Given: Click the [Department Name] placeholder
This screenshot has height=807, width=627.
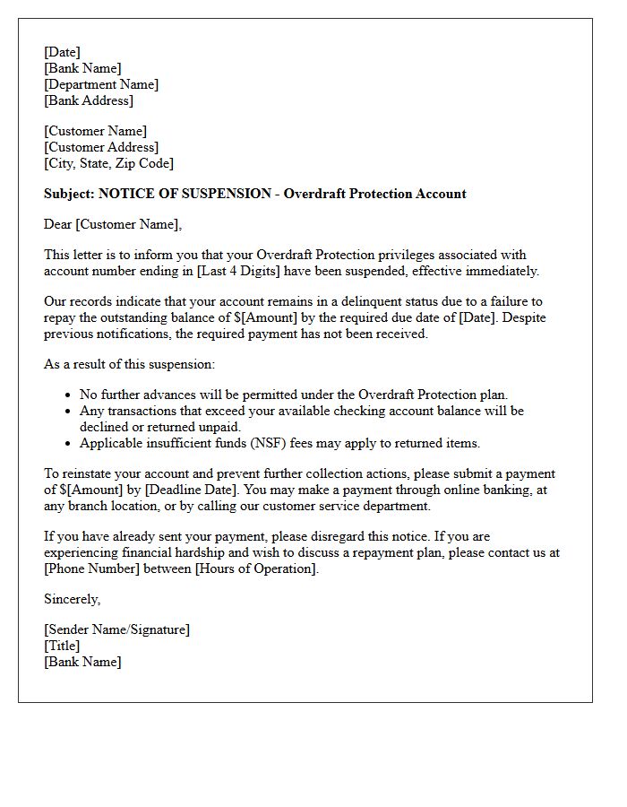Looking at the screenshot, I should pyautogui.click(x=101, y=84).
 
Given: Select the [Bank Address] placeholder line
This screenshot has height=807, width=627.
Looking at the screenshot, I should pyautogui.click(x=89, y=100).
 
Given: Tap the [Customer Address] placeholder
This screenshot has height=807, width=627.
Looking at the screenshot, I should pyautogui.click(x=101, y=147).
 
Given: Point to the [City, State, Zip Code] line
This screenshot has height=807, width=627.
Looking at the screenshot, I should pyautogui.click(x=108, y=163).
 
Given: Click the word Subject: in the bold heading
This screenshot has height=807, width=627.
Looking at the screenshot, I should pyautogui.click(x=69, y=194).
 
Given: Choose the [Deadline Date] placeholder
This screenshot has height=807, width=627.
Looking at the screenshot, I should pyautogui.click(x=191, y=490).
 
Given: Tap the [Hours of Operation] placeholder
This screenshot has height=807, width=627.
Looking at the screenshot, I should pyautogui.click(x=256, y=568).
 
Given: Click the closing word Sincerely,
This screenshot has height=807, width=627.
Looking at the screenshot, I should pyautogui.click(x=73, y=599).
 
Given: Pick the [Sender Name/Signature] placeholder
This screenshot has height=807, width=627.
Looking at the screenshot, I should pyautogui.click(x=116, y=629).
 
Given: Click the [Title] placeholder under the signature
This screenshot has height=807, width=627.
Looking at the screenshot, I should pyautogui.click(x=62, y=646).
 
